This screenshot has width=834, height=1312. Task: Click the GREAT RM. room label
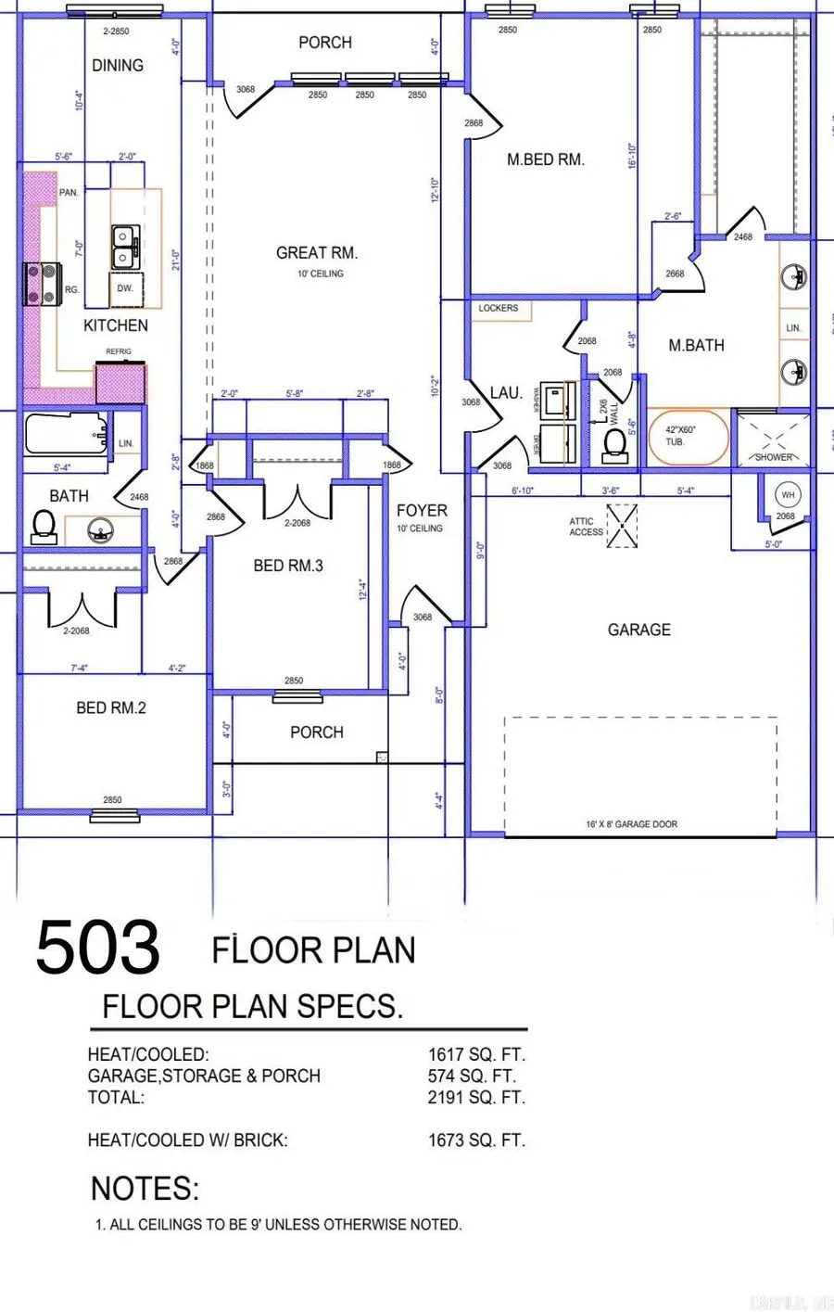317,252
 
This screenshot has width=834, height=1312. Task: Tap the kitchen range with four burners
41,284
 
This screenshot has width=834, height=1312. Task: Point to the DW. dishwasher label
125,288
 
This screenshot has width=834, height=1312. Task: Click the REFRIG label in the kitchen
119,351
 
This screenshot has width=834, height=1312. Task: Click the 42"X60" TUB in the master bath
686,437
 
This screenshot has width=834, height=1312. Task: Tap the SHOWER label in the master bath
774,457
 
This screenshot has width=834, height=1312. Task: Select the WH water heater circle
788,495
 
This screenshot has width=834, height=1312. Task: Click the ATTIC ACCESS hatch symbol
622,526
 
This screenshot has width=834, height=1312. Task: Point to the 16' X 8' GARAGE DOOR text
631,824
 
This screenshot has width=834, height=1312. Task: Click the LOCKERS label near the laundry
499,308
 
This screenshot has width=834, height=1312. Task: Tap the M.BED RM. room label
546,159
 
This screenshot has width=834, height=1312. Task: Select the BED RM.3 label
288,566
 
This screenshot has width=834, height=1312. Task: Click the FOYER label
422,511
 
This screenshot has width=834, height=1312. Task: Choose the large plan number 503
98,947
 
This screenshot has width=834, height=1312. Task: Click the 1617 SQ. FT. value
476,1055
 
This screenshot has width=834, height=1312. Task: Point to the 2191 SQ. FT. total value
476,1098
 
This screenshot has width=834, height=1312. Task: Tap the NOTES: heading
145,1189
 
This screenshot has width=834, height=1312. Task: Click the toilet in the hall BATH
44,528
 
